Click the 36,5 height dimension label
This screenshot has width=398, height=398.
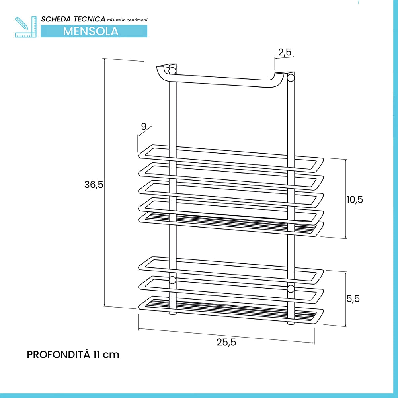[x=94, y=185]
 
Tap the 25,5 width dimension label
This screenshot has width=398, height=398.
[x=226, y=342]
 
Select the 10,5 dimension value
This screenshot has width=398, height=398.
[x=355, y=199]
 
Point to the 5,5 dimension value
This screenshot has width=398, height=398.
[x=353, y=299]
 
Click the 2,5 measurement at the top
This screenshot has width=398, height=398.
[x=285, y=52]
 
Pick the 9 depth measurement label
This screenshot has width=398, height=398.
[x=144, y=127]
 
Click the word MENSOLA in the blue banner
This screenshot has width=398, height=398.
[x=91, y=31]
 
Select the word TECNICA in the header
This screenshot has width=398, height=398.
[x=89, y=19]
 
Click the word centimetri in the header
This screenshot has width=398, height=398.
[x=137, y=20]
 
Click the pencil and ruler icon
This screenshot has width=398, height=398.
[x=25, y=27]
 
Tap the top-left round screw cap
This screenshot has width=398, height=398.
[x=172, y=70]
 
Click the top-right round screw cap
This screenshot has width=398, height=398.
[x=291, y=77]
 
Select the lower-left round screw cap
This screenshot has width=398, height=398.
[x=172, y=280]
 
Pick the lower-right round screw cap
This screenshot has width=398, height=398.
[x=291, y=289]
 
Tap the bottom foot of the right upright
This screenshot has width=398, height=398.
[x=291, y=323]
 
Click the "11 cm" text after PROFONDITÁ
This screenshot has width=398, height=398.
[x=106, y=355]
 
